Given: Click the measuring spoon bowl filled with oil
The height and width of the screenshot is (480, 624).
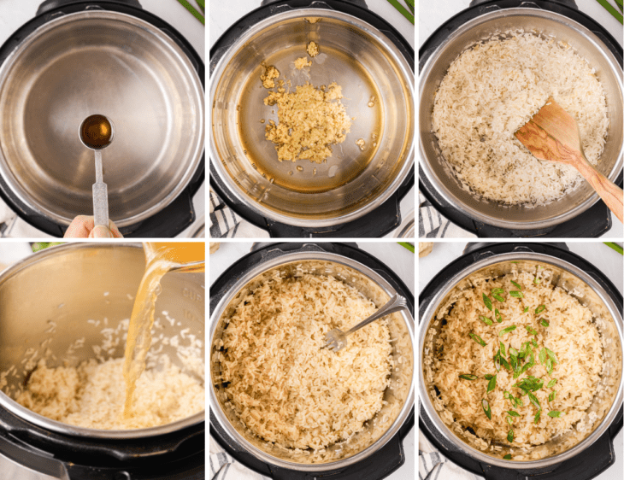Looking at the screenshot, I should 96,132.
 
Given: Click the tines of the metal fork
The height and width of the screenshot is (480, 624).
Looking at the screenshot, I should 336,338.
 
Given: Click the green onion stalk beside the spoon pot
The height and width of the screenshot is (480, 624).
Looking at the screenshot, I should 191,10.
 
